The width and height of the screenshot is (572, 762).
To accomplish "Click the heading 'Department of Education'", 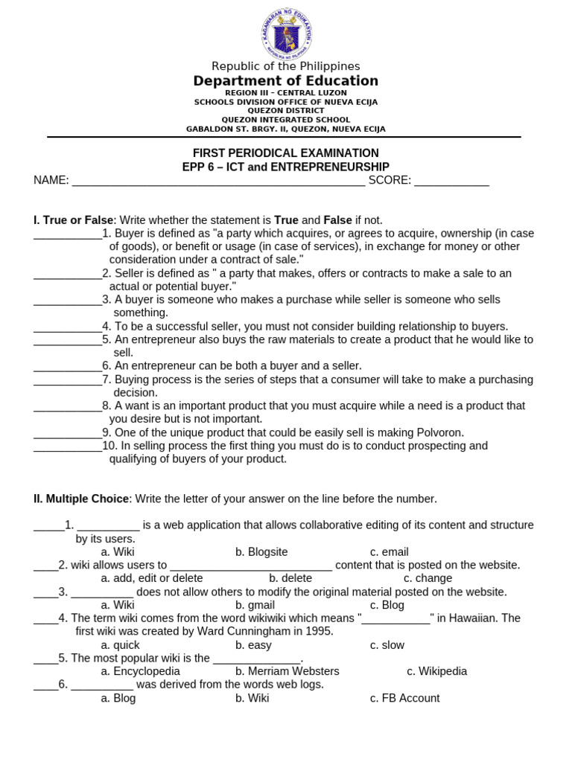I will tap(286, 81).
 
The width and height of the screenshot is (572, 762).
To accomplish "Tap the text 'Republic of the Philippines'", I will tap(286, 66).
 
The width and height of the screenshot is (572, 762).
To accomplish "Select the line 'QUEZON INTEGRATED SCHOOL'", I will tap(286, 120).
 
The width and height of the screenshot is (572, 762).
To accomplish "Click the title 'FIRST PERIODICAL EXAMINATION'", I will tap(286, 153).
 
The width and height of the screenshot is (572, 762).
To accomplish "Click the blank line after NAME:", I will tap(218, 181).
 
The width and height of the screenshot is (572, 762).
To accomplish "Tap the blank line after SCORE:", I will tap(451, 181).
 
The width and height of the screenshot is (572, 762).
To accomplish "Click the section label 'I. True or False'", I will tap(73, 220).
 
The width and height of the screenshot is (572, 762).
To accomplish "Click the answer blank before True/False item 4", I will tap(67, 327).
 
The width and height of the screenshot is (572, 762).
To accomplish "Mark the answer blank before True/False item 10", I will tap(67, 446).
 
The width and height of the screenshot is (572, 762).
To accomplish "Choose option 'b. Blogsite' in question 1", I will tap(261, 552).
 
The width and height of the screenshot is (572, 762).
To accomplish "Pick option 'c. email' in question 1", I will tap(390, 552).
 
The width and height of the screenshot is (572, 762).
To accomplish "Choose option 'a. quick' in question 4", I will tap(121, 645).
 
